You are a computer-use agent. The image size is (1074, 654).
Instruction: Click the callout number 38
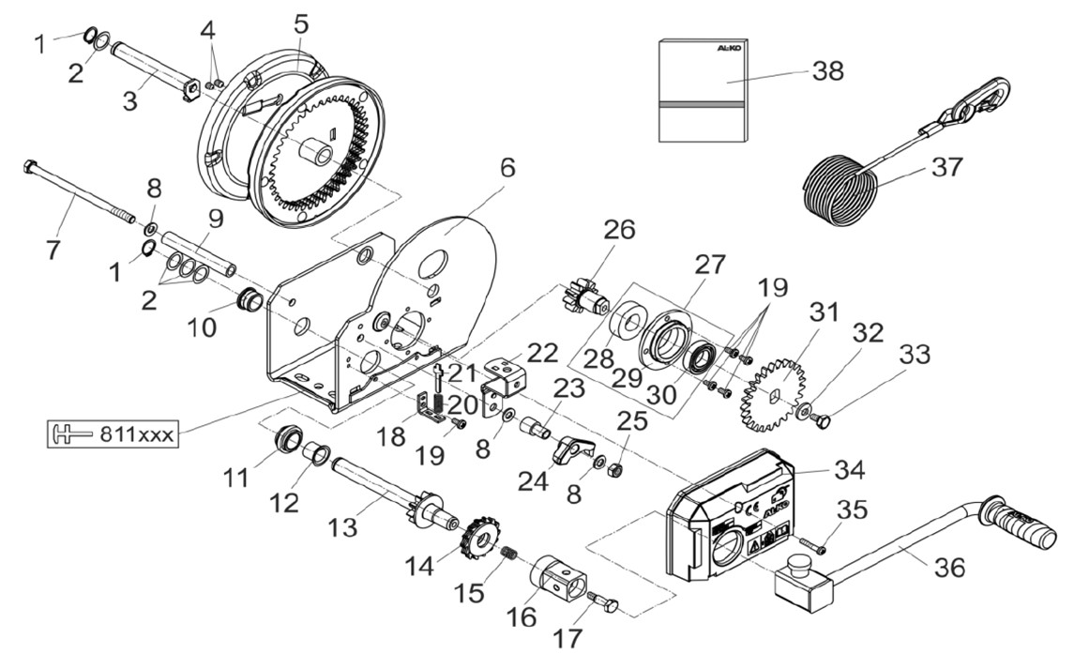tap(828, 70)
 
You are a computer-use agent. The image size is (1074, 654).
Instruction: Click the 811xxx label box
tap(113, 433)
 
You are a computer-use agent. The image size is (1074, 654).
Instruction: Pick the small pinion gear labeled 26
tap(588, 295)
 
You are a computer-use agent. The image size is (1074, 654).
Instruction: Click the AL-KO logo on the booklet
tap(732, 48)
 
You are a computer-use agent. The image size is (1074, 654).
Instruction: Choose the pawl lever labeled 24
tap(572, 449)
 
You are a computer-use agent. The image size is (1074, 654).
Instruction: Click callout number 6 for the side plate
tap(507, 167)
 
